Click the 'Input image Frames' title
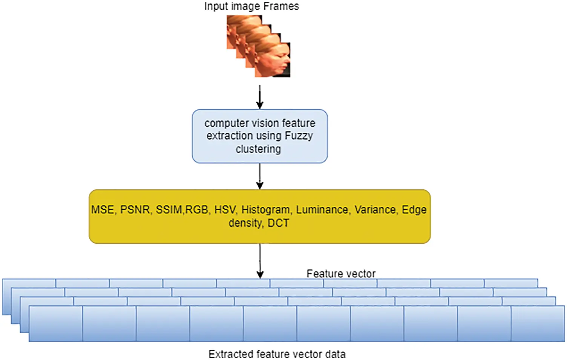[251, 6]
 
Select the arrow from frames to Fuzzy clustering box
[259, 97]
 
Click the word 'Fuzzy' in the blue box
[299, 136]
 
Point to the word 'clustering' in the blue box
[258, 149]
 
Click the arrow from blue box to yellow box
[259, 176]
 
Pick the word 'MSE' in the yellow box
[103, 210]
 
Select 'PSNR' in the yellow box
[135, 210]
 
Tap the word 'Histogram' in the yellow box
[266, 210]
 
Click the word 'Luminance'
[322, 210]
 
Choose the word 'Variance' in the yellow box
[375, 210]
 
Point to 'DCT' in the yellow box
[278, 223]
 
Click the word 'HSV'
[225, 210]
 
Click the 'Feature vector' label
[341, 274]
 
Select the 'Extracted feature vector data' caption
[277, 354]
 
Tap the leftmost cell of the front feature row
[56, 324]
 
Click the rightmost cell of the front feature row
[538, 324]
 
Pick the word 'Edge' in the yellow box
[414, 210]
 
